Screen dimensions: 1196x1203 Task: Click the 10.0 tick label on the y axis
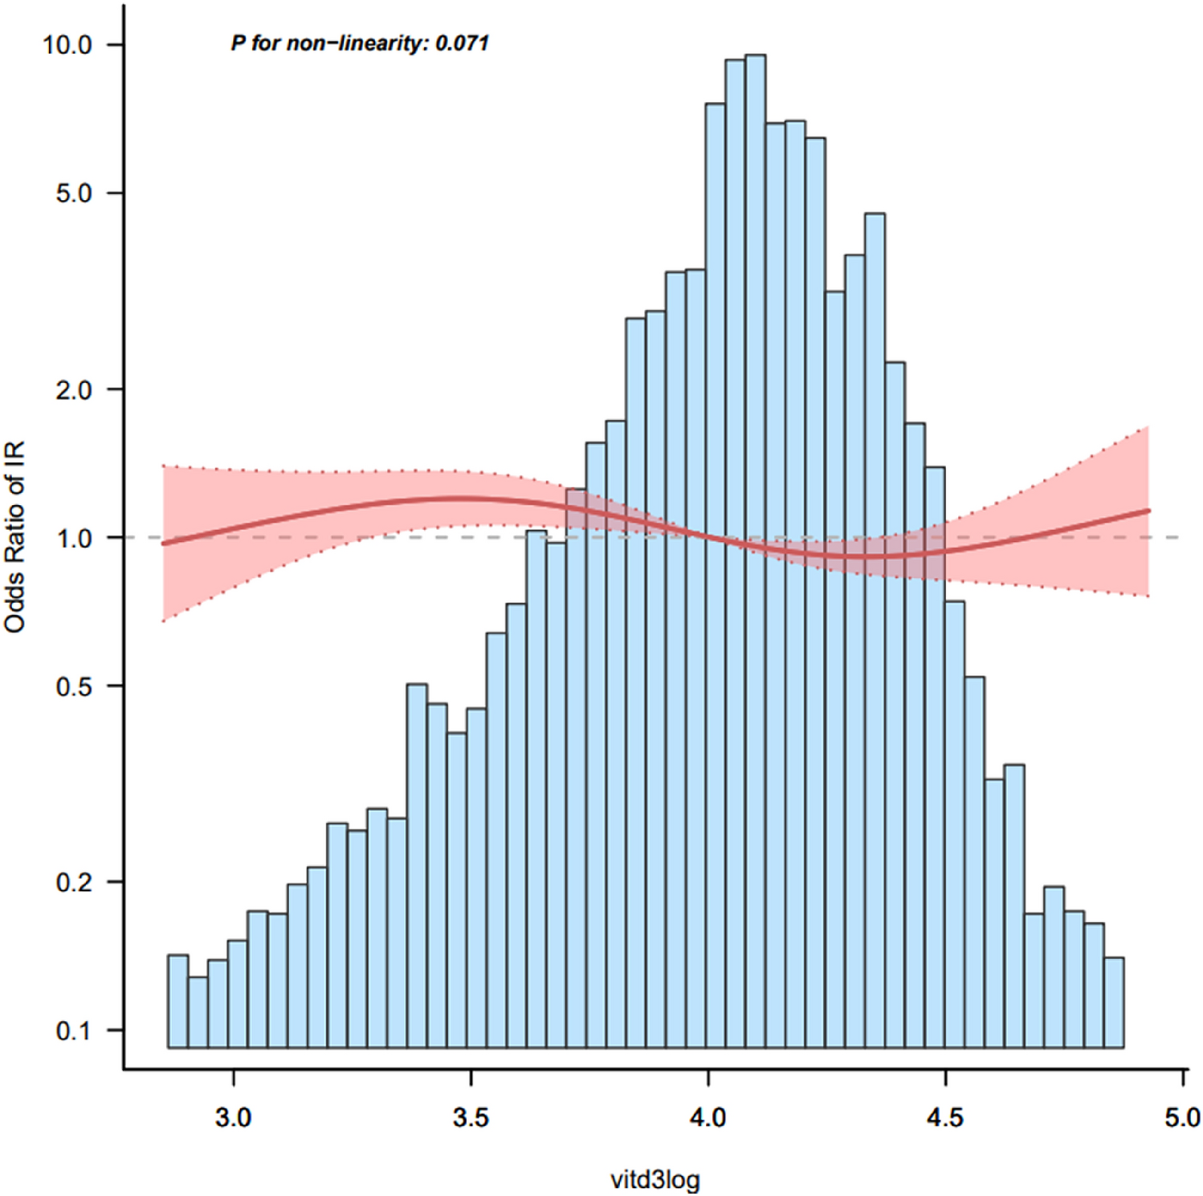click(x=68, y=45)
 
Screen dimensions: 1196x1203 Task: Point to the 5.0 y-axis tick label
click(x=74, y=193)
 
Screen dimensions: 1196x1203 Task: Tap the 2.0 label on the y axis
click(x=74, y=389)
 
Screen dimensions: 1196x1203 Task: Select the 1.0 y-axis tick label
click(x=74, y=538)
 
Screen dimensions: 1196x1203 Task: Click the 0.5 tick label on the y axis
click(x=74, y=686)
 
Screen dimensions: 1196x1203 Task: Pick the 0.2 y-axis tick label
click(x=74, y=882)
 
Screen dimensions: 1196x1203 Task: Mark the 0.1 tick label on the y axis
click(x=74, y=1031)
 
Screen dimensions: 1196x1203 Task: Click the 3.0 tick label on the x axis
click(x=234, y=1117)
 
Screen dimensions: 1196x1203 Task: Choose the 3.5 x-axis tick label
click(x=471, y=1117)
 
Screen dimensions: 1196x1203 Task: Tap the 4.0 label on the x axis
click(x=708, y=1117)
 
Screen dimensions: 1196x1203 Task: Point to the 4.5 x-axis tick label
click(x=944, y=1117)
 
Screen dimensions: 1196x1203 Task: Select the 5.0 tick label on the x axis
click(x=1182, y=1117)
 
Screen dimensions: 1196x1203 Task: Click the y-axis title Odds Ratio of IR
click(x=15, y=536)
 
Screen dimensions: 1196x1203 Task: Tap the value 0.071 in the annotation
click(x=462, y=43)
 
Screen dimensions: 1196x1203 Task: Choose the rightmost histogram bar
click(x=1113, y=1003)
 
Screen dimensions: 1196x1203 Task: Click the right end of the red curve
click(x=1148, y=511)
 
